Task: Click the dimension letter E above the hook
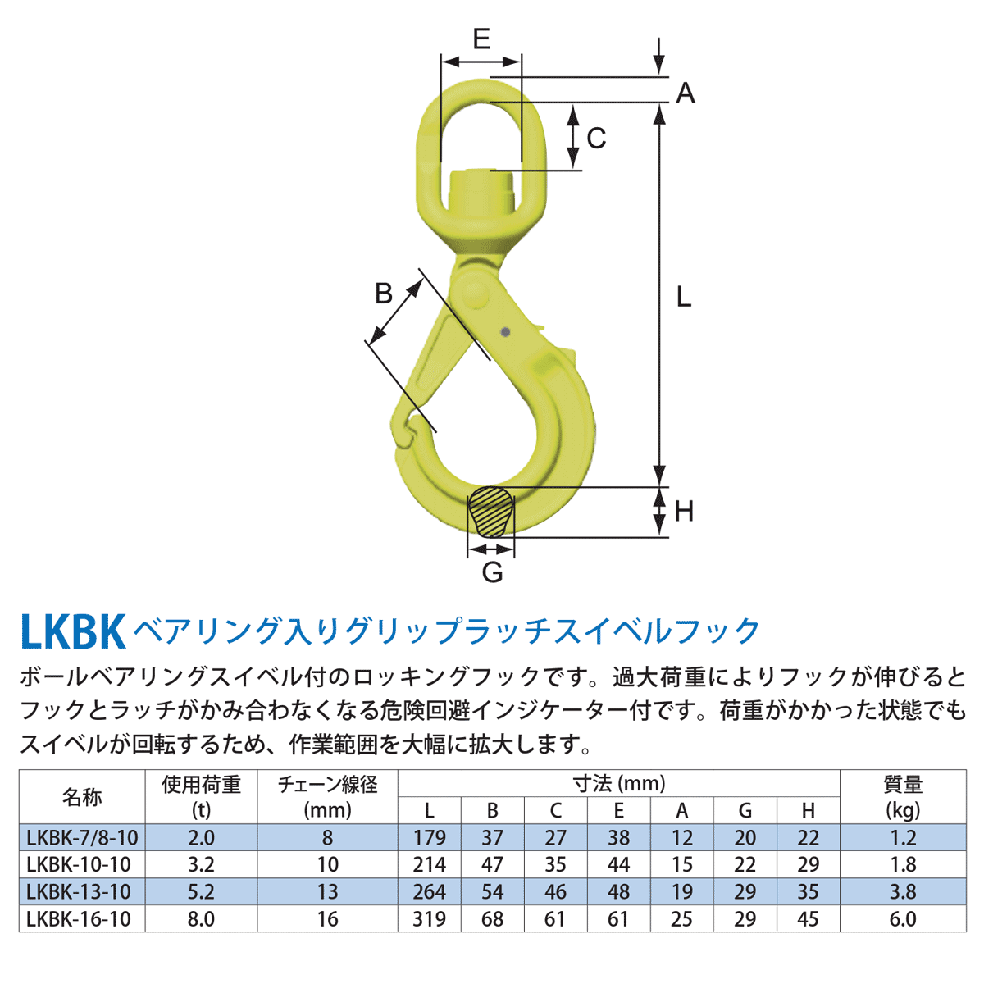[x=481, y=39]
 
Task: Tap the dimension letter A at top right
[x=685, y=93]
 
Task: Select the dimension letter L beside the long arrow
[x=683, y=297]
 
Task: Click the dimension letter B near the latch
[x=384, y=293]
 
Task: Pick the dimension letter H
[x=683, y=512]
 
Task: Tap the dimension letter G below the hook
[x=492, y=572]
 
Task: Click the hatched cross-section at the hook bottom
[x=491, y=511]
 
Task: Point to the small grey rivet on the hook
[x=505, y=332]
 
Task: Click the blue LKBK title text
[x=72, y=632]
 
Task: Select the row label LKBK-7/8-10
[x=82, y=837]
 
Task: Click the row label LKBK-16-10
[x=79, y=919]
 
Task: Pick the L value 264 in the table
[x=429, y=892]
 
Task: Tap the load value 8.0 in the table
[x=201, y=919]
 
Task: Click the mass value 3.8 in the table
[x=902, y=892]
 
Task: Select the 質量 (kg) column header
[x=902, y=797]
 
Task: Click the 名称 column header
[x=82, y=797]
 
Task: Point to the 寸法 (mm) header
[x=618, y=784]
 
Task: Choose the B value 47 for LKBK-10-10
[x=492, y=864]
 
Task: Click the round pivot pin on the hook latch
[x=473, y=291]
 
